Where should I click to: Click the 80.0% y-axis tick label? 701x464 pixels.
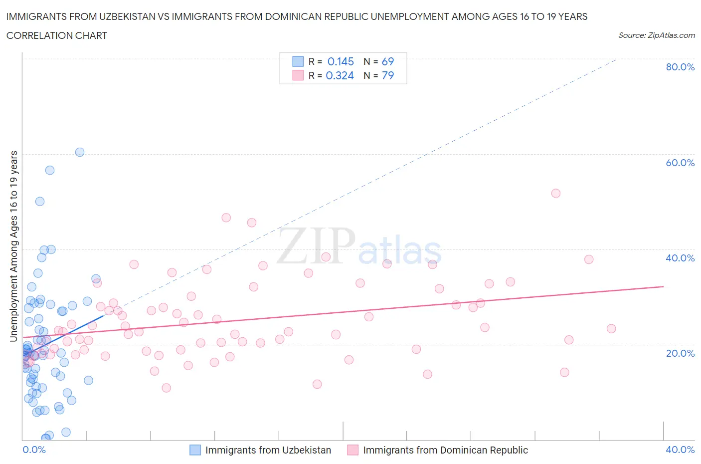[x=680, y=67]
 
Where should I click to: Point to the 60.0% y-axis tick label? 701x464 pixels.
[x=680, y=163]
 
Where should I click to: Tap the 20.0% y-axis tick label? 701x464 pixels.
[x=680, y=353]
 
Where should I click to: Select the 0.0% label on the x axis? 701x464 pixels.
[x=34, y=450]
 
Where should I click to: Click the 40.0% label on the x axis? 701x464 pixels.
[x=680, y=450]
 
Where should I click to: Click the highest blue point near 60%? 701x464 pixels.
[x=80, y=152]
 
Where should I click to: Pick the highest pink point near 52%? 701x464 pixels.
[x=556, y=193]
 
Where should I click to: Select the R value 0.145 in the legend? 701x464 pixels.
[x=341, y=61]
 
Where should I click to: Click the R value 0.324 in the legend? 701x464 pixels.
[x=340, y=75]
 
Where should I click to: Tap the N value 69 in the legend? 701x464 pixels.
[x=387, y=61]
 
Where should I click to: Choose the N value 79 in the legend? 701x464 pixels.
[x=387, y=75]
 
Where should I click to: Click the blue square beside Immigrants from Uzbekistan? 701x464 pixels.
[x=195, y=450]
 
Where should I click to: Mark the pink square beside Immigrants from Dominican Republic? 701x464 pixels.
[x=352, y=450]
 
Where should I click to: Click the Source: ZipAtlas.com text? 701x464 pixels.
[x=656, y=35]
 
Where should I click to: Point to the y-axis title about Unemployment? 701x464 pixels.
[x=14, y=246]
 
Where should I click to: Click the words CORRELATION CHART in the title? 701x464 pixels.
[x=56, y=35]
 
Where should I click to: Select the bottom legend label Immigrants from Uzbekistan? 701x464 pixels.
[x=268, y=450]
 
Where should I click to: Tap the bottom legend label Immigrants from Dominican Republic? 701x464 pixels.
[x=445, y=450]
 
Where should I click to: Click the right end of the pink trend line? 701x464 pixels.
[x=663, y=286]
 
